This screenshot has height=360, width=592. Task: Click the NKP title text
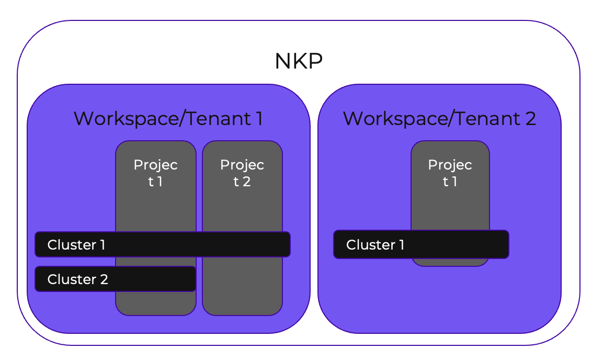[299, 62]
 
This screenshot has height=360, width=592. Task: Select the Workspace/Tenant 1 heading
[168, 119]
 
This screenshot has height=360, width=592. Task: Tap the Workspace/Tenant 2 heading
[439, 119]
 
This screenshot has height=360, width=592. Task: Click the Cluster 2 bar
[115, 279]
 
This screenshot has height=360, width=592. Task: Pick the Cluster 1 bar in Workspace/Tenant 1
[162, 244]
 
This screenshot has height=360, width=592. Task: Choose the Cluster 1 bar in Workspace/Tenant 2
[421, 244]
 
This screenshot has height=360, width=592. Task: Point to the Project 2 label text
[242, 173]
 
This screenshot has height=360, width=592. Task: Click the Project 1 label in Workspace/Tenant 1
[155, 173]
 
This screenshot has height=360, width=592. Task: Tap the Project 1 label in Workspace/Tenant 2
[450, 173]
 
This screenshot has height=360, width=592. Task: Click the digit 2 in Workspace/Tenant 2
[530, 119]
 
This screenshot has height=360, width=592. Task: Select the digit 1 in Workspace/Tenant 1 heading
[259, 119]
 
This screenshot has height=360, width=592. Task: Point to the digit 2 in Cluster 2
[104, 279]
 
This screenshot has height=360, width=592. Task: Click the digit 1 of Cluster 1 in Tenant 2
[401, 245]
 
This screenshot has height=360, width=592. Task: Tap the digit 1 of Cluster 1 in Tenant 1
[102, 245]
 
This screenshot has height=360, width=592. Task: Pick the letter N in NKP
[282, 62]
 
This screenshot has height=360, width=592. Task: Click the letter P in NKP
[315, 62]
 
